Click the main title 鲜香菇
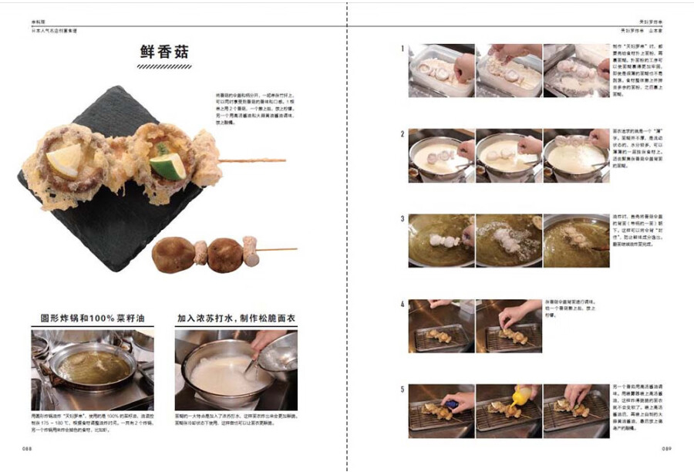[x=164, y=52]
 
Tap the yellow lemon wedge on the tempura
[x=62, y=161]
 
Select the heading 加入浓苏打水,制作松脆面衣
[x=235, y=318]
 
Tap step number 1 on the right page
[x=402, y=49]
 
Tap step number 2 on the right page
[x=402, y=133]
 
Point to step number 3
[x=402, y=218]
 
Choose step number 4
[x=402, y=304]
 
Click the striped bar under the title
[x=164, y=67]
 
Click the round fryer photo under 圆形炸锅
[x=92, y=370]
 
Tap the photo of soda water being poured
[x=236, y=370]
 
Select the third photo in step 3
[x=576, y=241]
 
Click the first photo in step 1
[x=440, y=70]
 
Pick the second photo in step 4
[x=508, y=326]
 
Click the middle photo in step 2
[x=508, y=155]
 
